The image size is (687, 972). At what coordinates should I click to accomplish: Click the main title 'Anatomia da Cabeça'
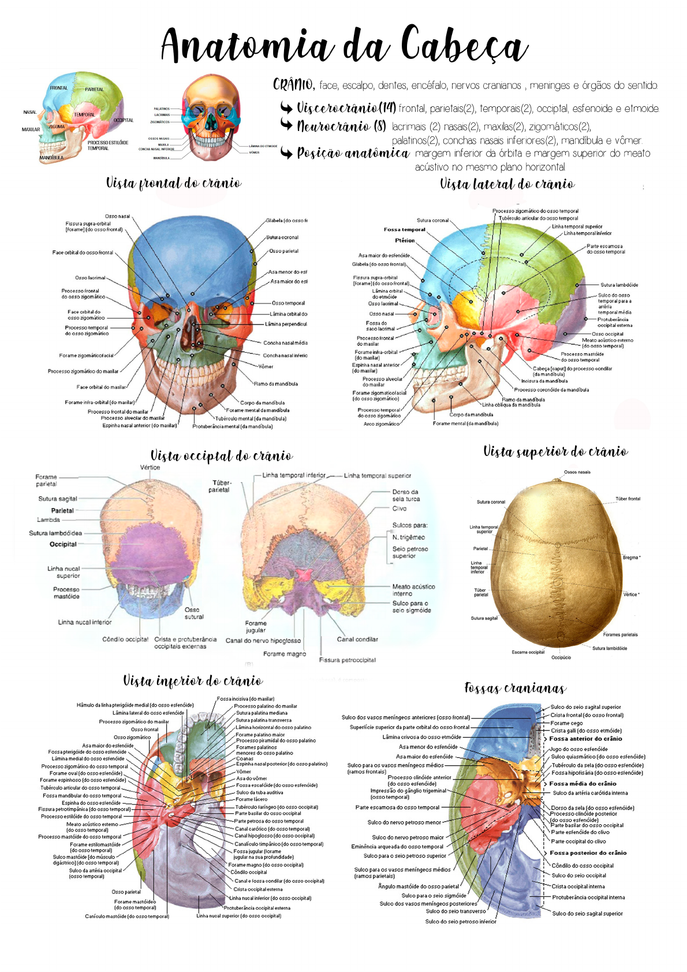[x=344, y=45]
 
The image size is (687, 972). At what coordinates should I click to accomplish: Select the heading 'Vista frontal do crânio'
[x=174, y=184]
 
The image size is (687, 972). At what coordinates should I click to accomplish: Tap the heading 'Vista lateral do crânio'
[x=507, y=184]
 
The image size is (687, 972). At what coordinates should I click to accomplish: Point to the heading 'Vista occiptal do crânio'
[x=222, y=456]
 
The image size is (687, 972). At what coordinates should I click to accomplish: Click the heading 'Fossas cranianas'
[x=515, y=688]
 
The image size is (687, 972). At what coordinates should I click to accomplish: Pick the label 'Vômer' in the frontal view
[x=266, y=367]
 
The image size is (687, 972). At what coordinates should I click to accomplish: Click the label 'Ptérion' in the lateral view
[x=405, y=240]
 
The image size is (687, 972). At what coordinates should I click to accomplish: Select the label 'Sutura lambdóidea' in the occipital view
[x=55, y=533]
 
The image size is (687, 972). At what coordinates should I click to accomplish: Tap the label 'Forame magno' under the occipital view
[x=285, y=654]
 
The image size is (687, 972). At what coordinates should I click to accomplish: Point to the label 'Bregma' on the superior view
[x=630, y=558]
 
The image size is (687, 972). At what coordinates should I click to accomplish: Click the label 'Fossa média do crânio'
[x=583, y=784]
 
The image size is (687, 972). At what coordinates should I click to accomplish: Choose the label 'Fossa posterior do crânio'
[x=588, y=853]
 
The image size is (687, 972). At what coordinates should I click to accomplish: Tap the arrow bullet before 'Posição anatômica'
[x=287, y=154]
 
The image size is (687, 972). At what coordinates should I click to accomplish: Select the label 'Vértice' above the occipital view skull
[x=150, y=468]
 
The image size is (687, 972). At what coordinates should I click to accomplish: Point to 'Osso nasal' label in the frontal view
[x=117, y=216]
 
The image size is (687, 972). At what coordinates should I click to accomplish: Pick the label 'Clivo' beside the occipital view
[x=399, y=509]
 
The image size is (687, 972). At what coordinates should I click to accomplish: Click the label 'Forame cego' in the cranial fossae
[x=566, y=723]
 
